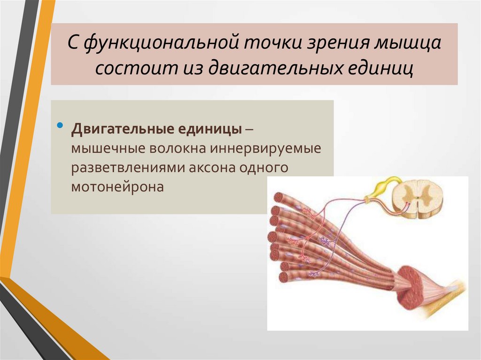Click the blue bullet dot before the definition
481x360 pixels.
tap(60, 127)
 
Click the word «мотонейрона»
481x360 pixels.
tap(117, 187)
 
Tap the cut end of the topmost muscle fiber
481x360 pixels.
tap(278, 198)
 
